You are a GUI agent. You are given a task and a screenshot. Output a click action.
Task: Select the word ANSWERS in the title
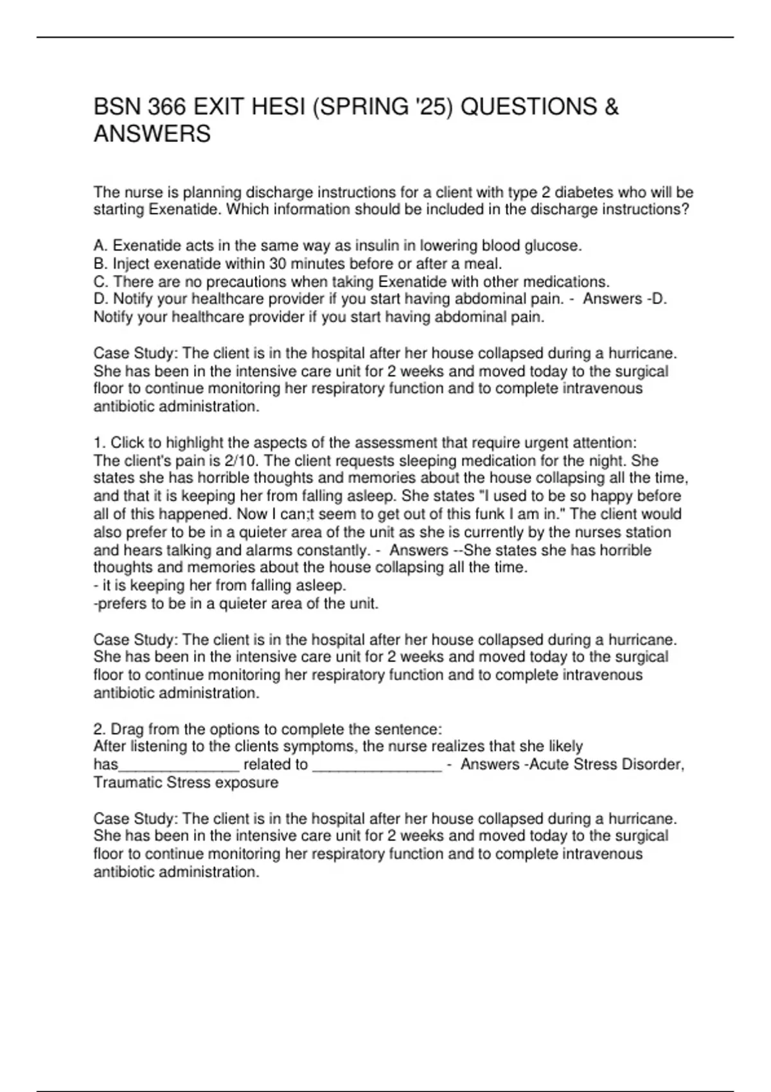click(152, 134)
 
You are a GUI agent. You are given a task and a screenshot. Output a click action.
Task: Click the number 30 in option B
click(279, 263)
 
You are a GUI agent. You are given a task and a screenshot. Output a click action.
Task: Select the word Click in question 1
click(125, 443)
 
